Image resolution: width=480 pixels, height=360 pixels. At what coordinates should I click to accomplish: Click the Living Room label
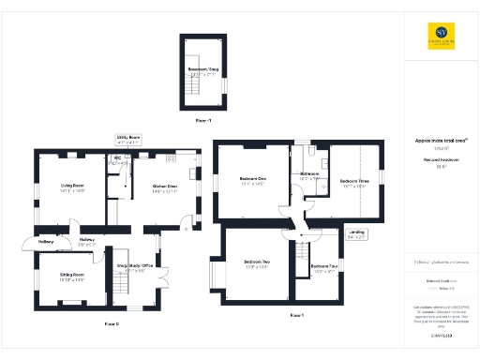[73, 187]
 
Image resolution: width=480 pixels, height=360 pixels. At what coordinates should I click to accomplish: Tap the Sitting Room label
[72, 277]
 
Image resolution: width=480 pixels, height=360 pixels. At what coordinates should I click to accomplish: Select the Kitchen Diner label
[165, 187]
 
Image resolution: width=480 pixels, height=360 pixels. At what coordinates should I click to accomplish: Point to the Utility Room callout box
[127, 139]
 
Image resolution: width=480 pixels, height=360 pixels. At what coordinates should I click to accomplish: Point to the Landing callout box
[358, 236]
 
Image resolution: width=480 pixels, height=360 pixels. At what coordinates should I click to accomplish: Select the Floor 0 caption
[112, 323]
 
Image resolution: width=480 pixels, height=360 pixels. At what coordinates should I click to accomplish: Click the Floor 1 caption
[297, 315]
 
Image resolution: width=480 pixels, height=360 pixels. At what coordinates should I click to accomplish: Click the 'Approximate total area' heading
[441, 142]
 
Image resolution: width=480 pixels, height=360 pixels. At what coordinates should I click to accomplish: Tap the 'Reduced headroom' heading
[441, 160]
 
